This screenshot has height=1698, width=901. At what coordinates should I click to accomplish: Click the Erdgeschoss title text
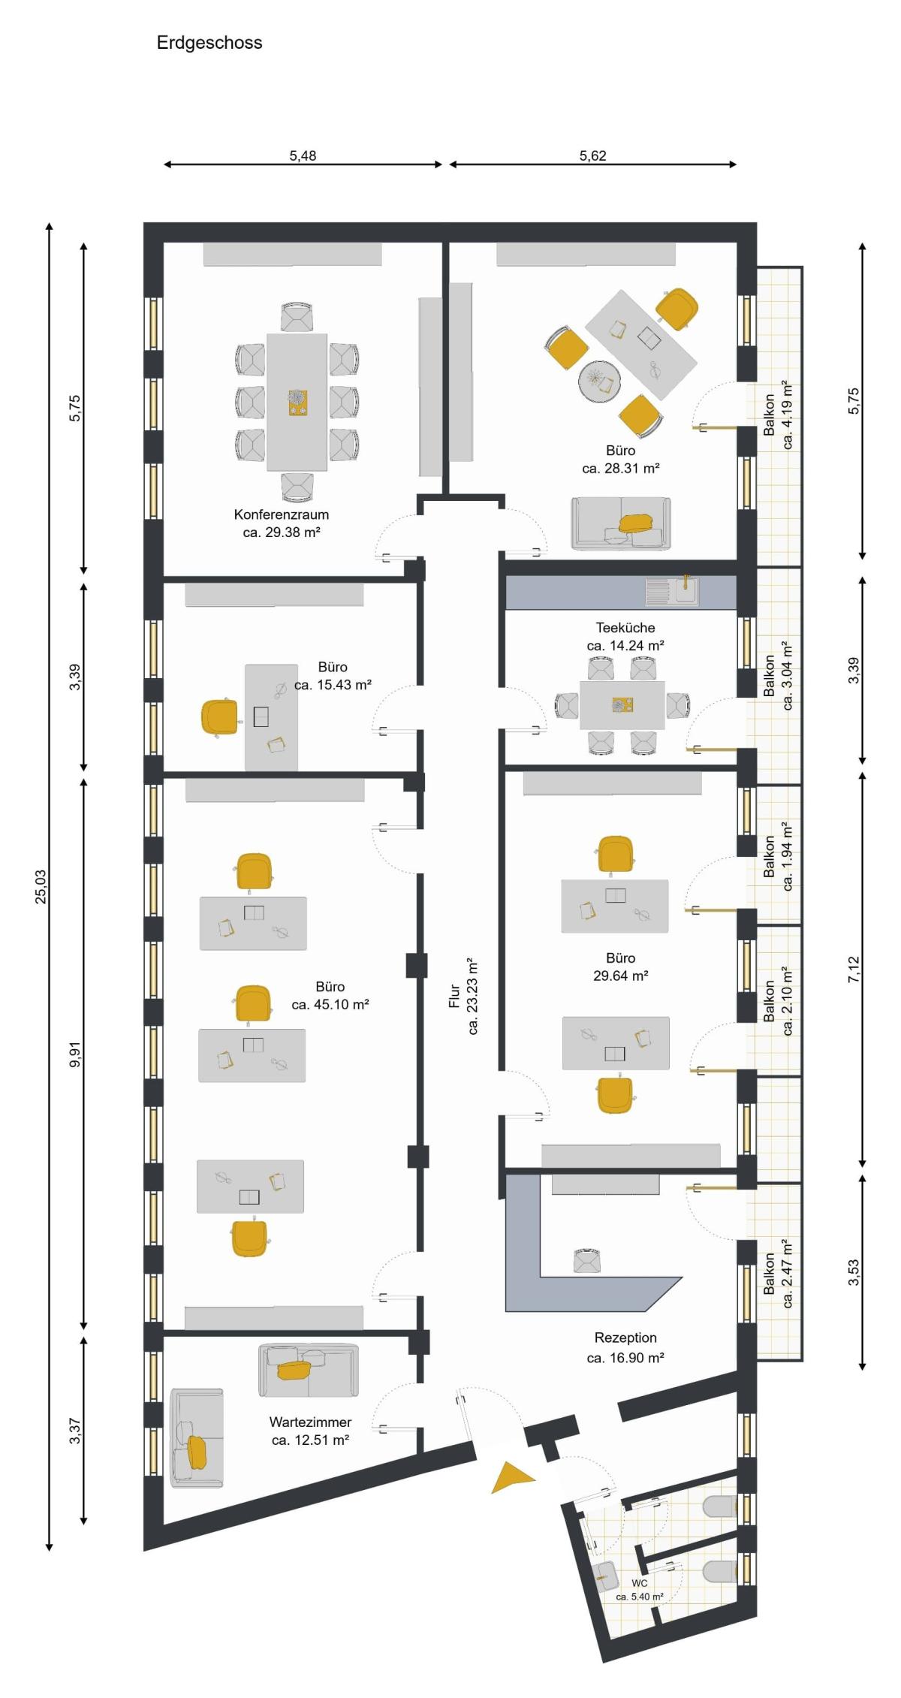coord(209,43)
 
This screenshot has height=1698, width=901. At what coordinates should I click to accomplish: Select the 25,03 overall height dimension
coord(41,887)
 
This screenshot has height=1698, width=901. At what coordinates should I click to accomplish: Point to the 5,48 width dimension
coord(303,156)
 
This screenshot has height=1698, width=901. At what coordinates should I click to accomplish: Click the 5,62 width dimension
coord(592,156)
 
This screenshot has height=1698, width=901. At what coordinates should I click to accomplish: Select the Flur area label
coord(464,997)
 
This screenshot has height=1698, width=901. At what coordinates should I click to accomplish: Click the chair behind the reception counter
coord(586,1261)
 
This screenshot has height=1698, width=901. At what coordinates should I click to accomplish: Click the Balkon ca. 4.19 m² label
coord(778,415)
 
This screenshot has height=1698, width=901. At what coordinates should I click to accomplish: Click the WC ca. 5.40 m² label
coord(640,1590)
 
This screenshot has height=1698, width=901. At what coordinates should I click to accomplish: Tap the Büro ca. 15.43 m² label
coord(333,676)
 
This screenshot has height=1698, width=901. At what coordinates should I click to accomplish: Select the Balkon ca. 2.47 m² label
coord(778,1274)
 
